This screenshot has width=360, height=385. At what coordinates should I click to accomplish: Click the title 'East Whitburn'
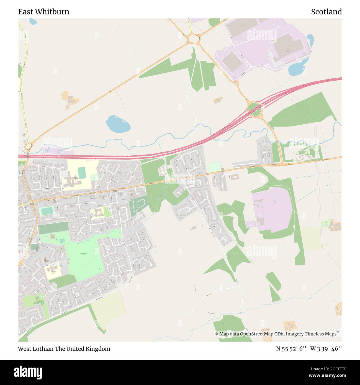click(43, 12)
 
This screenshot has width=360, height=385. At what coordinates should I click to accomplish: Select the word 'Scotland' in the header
click(326, 12)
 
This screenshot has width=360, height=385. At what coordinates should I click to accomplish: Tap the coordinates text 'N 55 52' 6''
click(291, 349)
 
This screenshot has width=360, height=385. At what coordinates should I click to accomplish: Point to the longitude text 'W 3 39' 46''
click(326, 349)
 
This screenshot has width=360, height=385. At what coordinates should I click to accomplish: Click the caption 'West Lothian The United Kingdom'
click(64, 349)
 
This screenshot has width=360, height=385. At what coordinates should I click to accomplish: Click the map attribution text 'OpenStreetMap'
click(253, 334)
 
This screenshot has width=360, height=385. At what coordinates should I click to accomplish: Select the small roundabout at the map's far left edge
click(28, 146)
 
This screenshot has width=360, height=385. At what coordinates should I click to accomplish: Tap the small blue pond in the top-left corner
click(33, 21)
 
